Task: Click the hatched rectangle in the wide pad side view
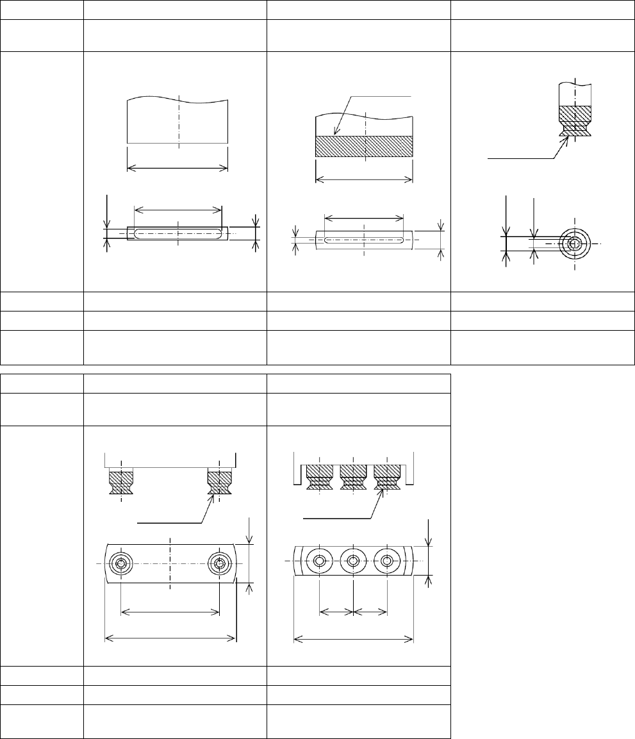point(364,146)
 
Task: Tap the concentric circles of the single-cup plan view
point(575,244)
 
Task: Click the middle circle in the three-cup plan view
point(353,561)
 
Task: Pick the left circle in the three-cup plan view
point(319,561)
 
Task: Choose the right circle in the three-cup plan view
point(386,561)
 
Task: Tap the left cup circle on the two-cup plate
point(120,564)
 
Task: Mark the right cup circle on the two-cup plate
point(220,564)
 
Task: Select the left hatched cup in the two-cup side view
point(120,482)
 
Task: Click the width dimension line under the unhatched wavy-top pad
point(178,168)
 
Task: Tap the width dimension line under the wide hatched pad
point(364,181)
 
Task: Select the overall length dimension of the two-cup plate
point(170,638)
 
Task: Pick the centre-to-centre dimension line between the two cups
point(170,612)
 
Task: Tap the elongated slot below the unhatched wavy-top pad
point(178,234)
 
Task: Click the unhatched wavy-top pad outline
point(178,122)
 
